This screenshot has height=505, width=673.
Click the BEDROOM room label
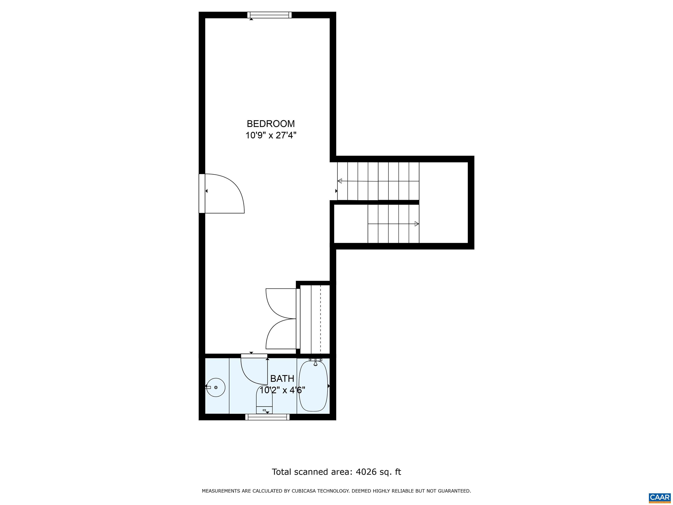pyautogui.click(x=271, y=124)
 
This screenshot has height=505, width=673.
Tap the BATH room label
pyautogui.click(x=282, y=378)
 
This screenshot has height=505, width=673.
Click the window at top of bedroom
pyautogui.click(x=269, y=15)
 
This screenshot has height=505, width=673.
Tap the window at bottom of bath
pyautogui.click(x=267, y=417)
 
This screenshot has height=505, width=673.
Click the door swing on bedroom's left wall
pyautogui.click(x=225, y=193)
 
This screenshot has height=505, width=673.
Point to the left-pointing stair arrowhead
pyautogui.click(x=340, y=181)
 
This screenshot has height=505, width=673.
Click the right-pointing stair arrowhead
pyautogui.click(x=416, y=224)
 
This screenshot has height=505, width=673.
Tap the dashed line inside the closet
pyautogui.click(x=320, y=318)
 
